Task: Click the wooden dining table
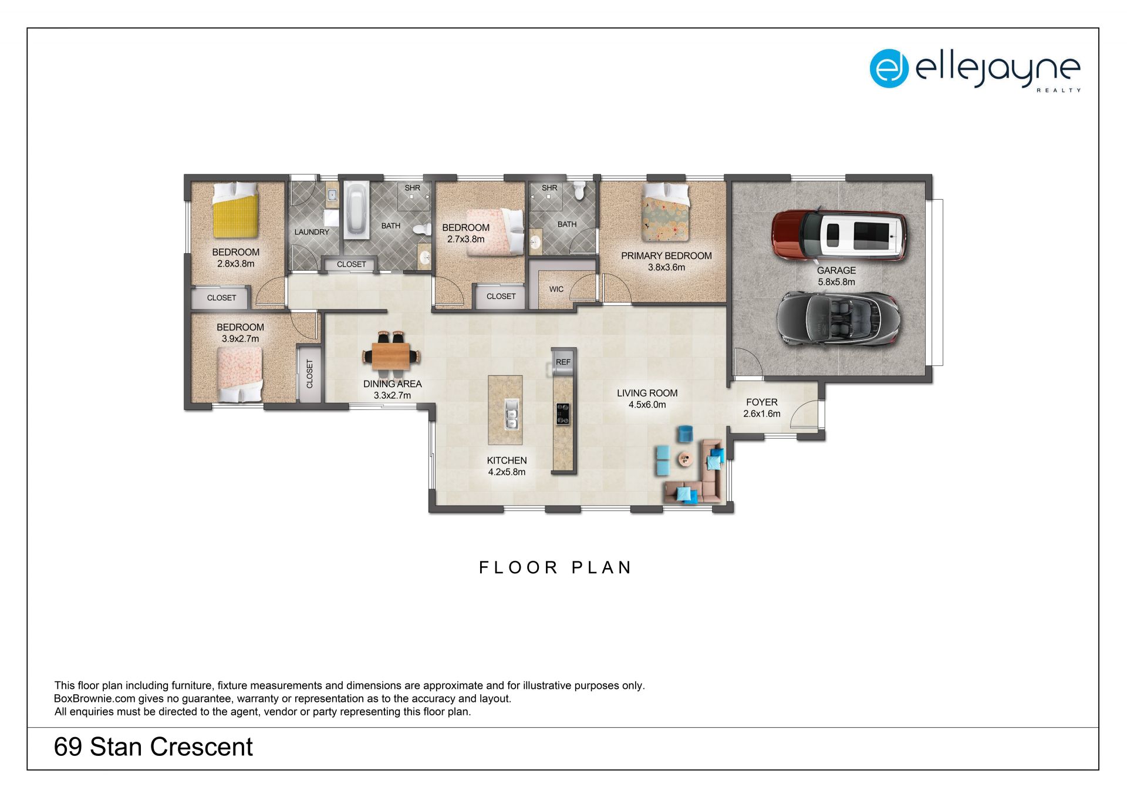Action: (391, 355)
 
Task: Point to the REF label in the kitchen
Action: (563, 362)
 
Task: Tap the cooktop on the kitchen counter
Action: (562, 413)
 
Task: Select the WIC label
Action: (556, 289)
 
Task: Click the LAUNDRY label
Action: (312, 232)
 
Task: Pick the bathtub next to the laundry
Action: (356, 210)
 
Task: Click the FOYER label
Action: (762, 402)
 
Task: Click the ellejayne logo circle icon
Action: (889, 69)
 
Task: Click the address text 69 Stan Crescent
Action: (153, 747)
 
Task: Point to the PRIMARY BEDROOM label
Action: (666, 255)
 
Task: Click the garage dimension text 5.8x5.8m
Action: (836, 282)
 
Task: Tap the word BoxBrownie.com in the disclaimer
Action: (95, 699)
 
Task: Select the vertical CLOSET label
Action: (310, 374)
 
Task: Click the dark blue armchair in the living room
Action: (686, 433)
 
